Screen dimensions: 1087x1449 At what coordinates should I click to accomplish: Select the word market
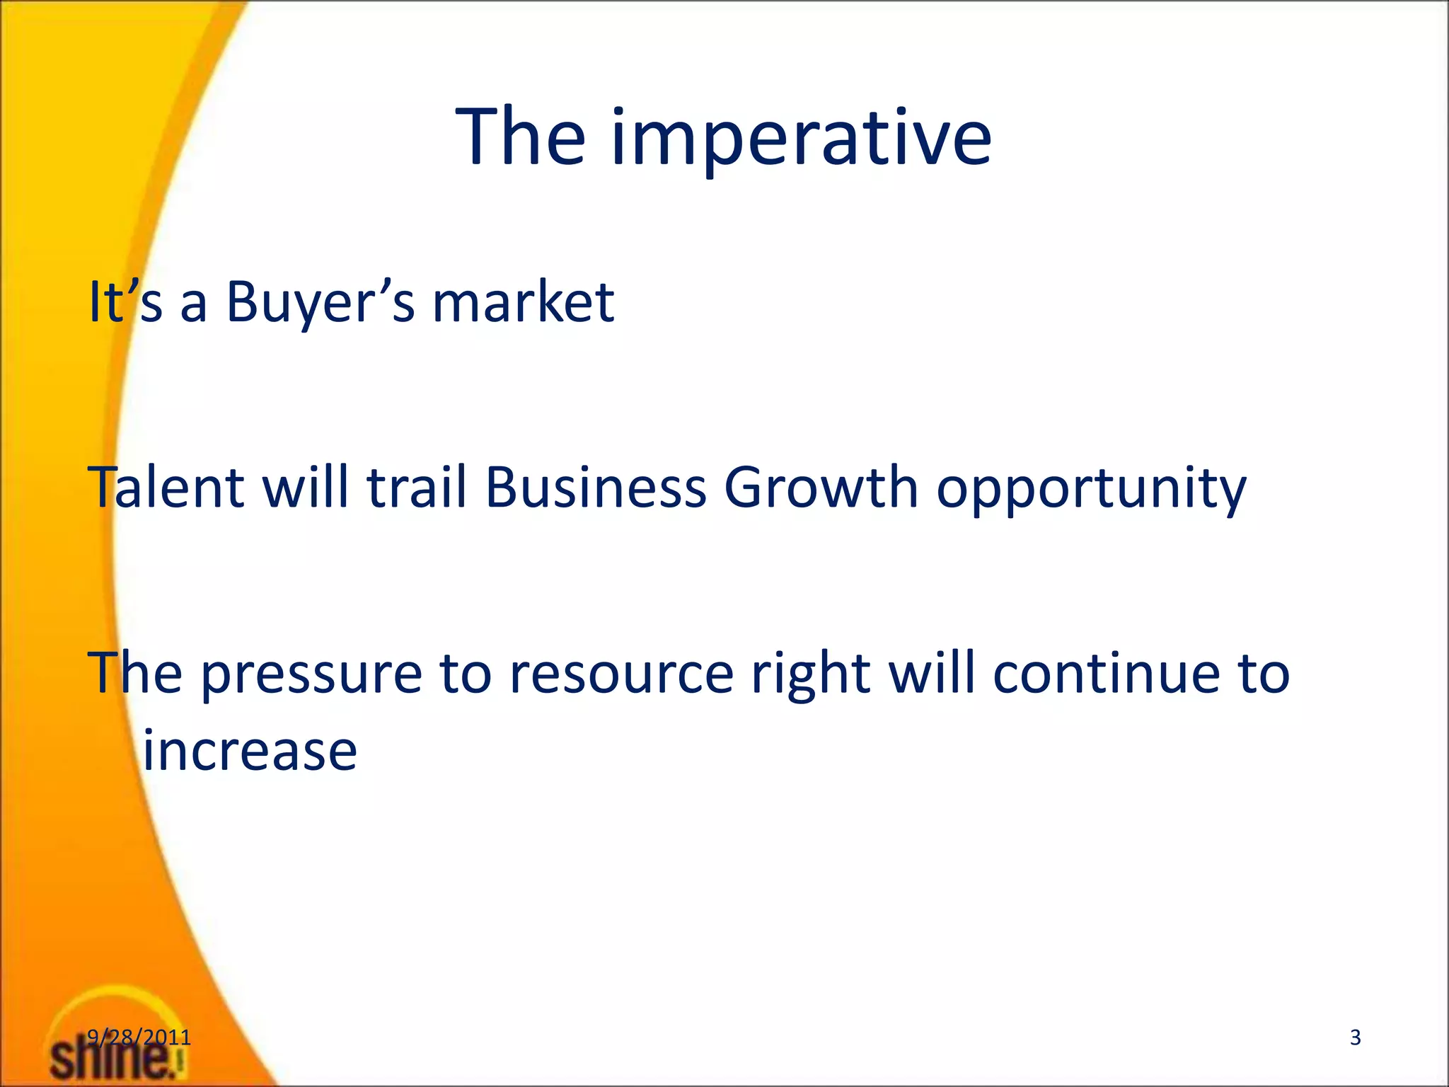pyautogui.click(x=523, y=303)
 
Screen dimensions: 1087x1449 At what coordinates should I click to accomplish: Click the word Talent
pyautogui.click(x=166, y=488)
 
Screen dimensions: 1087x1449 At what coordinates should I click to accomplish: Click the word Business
pyautogui.click(x=596, y=488)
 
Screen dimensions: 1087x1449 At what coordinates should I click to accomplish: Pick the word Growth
pyautogui.click(x=821, y=488)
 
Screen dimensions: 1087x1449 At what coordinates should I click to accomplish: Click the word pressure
pyautogui.click(x=311, y=674)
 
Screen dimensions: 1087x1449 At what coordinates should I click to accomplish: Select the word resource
pyautogui.click(x=621, y=674)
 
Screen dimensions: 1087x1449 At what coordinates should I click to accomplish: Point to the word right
pyautogui.click(x=810, y=674)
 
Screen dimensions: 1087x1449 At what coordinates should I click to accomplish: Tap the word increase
pyautogui.click(x=250, y=752)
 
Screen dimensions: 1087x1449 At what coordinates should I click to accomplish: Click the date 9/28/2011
pyautogui.click(x=139, y=1037)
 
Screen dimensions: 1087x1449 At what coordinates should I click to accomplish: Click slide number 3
pyautogui.click(x=1355, y=1037)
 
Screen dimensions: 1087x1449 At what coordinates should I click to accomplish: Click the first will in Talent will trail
pyautogui.click(x=306, y=488)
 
